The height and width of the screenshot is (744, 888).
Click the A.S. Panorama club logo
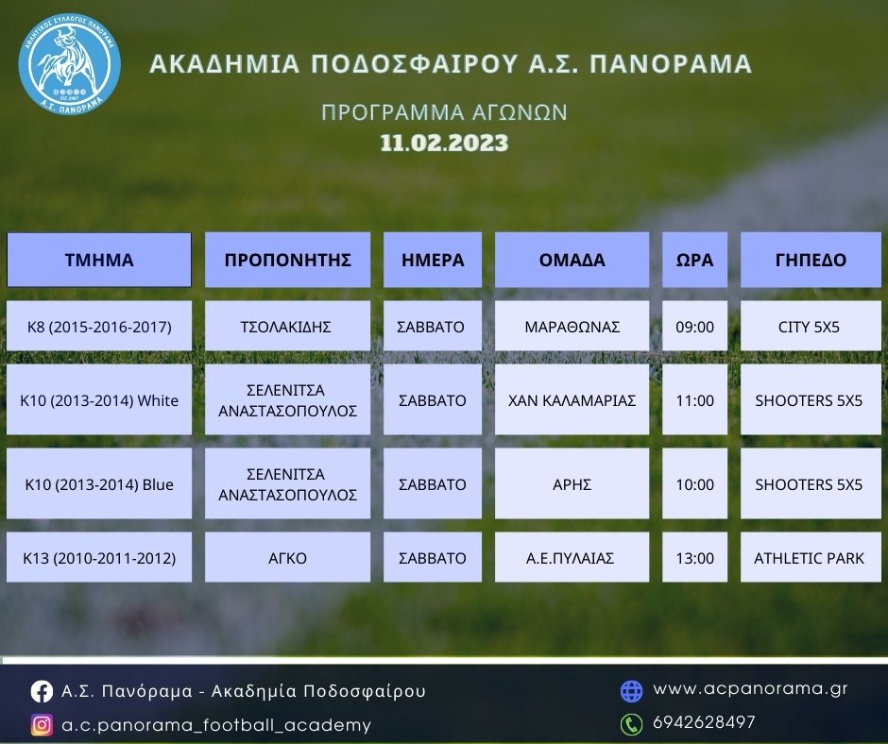(x=69, y=64)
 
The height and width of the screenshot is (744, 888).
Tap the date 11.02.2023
(x=444, y=143)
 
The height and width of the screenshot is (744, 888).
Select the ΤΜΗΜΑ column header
(x=99, y=260)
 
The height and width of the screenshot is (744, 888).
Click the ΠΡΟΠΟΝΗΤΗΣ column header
(x=288, y=260)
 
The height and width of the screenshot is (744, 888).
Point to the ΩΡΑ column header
(x=695, y=260)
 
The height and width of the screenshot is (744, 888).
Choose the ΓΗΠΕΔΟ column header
(x=811, y=260)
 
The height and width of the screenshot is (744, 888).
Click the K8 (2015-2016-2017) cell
(x=99, y=326)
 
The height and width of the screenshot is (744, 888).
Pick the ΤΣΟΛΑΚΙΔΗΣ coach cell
(x=288, y=326)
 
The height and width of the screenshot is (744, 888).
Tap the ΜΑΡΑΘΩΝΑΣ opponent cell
(x=572, y=326)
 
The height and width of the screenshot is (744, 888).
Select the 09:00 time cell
(x=695, y=326)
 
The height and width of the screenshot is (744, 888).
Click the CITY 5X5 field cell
(x=811, y=326)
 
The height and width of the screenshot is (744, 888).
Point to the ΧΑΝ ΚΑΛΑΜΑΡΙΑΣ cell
(x=572, y=399)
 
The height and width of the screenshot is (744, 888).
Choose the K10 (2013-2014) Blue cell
(x=99, y=483)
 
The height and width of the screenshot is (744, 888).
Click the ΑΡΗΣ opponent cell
(x=572, y=483)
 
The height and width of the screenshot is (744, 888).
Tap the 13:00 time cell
(x=695, y=557)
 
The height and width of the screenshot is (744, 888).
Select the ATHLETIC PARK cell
(x=811, y=557)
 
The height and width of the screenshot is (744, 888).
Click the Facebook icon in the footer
(x=42, y=691)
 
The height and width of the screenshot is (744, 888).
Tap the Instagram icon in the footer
(x=42, y=725)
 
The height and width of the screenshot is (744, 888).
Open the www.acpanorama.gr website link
(x=750, y=688)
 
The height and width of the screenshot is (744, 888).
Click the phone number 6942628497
(x=704, y=722)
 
